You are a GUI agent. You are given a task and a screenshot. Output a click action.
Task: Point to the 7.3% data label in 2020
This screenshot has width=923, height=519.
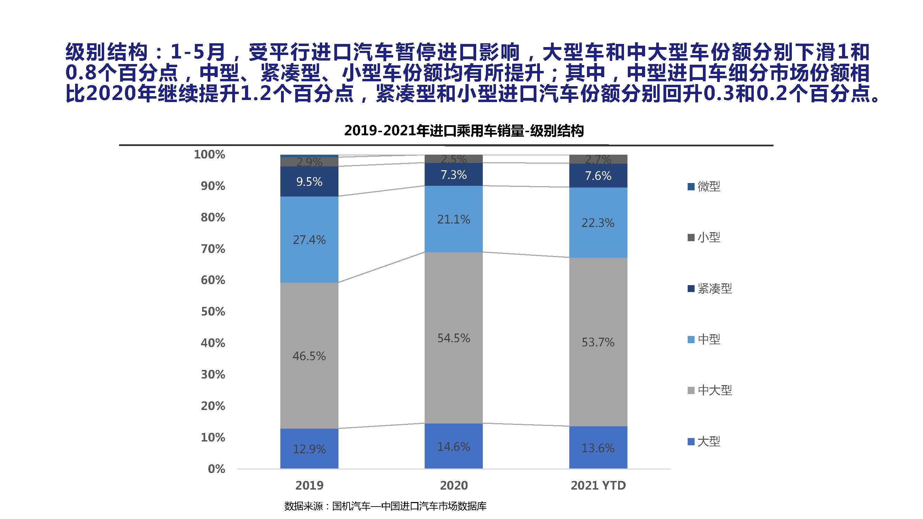coord(454,175)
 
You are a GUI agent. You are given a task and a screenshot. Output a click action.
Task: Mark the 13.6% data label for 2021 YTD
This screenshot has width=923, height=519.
coord(598,448)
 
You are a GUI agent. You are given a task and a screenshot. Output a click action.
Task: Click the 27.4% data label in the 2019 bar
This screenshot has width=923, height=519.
coord(309,240)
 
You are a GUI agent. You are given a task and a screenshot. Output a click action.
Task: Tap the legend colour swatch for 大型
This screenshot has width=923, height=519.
coord(691,441)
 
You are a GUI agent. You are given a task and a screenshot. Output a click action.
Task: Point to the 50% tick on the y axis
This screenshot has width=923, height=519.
coord(213,312)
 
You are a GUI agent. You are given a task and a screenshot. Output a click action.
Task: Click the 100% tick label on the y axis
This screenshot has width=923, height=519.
coord(210,155)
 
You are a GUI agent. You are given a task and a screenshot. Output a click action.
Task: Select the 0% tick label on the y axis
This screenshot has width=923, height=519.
coord(216,469)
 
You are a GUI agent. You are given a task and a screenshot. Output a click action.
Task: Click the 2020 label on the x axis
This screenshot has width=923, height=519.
coord(454,485)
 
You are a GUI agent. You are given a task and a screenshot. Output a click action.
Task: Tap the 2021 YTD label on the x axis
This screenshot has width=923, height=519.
coord(598,485)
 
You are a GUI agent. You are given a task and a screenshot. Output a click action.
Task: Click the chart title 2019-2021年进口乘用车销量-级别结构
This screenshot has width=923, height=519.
coord(464,131)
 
